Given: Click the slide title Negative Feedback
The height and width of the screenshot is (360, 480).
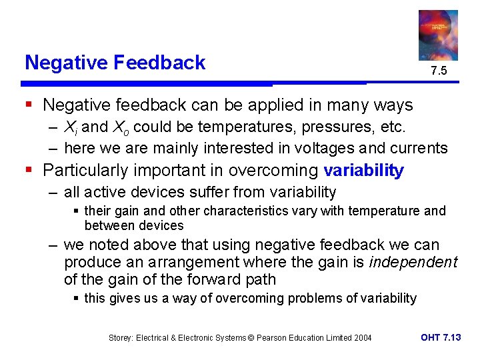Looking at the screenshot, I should click(x=115, y=63).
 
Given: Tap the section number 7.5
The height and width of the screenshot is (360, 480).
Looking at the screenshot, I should click(x=438, y=71).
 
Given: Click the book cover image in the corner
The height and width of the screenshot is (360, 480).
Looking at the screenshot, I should click(x=438, y=35).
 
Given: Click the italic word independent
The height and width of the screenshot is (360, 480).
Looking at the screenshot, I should click(x=413, y=262).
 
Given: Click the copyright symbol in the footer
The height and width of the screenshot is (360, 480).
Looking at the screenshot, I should click(x=251, y=338).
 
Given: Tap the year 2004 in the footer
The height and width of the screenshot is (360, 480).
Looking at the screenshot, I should click(x=362, y=338).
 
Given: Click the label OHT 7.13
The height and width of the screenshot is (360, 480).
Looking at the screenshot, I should click(x=441, y=337).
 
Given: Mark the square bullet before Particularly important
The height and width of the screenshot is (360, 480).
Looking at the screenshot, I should click(x=29, y=171).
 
